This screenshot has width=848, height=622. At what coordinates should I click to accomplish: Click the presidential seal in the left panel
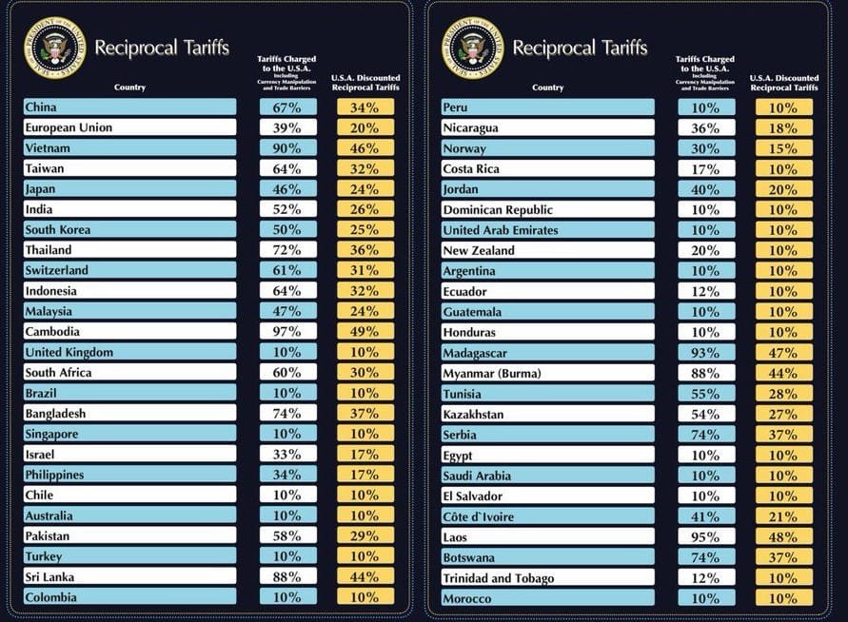click(x=53, y=48)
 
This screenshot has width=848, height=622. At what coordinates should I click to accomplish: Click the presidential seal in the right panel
click(x=472, y=48)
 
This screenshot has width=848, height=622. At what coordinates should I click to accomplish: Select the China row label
click(x=129, y=107)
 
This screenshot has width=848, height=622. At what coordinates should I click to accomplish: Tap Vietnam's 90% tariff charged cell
click(x=288, y=148)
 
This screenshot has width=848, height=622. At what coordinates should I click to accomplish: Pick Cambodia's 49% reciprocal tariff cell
click(x=365, y=332)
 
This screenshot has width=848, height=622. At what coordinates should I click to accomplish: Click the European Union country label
click(x=129, y=127)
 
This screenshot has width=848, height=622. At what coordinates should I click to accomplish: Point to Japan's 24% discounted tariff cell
click(x=365, y=189)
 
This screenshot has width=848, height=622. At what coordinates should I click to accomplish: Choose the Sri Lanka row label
click(x=129, y=577)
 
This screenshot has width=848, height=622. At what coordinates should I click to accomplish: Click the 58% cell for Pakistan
click(x=288, y=536)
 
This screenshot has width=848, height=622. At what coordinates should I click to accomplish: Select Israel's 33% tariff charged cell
click(x=288, y=455)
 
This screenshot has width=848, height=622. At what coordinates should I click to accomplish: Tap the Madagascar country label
click(x=548, y=353)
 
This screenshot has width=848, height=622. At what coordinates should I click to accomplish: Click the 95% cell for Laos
click(x=707, y=537)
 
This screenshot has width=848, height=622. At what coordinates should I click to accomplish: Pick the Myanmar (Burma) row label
click(x=548, y=374)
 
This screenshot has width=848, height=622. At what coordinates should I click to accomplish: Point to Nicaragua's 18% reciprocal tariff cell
click(x=784, y=128)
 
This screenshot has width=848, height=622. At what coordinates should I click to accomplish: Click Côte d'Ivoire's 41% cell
click(x=707, y=516)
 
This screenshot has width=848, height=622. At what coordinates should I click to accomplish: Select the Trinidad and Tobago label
click(x=548, y=578)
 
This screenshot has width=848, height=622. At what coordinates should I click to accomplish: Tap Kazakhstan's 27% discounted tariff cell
click(x=784, y=415)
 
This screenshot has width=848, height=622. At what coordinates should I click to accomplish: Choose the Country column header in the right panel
click(x=547, y=87)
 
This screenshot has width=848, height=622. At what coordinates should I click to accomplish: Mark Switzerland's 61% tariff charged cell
click(x=288, y=271)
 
